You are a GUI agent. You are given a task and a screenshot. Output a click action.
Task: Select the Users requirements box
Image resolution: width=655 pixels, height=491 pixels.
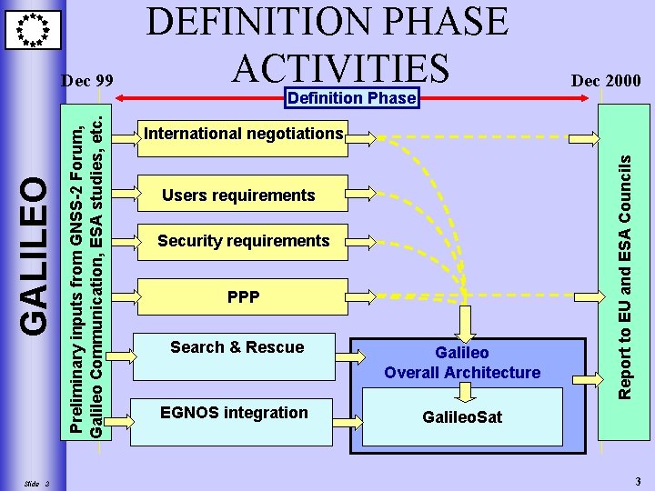pos(239,195)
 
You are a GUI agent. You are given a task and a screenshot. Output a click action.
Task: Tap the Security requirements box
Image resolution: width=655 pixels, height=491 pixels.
pos(242,241)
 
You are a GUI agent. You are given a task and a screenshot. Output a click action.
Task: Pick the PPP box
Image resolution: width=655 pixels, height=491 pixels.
pos(242,296)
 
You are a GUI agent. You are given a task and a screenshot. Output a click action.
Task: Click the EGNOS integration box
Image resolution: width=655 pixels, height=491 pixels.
pos(234,414)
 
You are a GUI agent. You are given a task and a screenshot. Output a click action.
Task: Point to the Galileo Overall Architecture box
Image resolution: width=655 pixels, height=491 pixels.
pos(462,362)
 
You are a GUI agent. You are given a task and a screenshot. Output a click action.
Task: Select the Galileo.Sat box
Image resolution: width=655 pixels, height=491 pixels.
pos(462,416)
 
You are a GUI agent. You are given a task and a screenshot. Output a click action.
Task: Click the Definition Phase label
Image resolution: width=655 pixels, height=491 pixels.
pos(351,97)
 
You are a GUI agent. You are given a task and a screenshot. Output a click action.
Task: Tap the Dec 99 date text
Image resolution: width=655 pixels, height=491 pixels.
pos(87,81)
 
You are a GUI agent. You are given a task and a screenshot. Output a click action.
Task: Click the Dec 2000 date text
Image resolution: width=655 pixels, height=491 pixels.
pos(605,81)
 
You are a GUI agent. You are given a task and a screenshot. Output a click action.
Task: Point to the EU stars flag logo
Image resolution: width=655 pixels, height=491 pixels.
pos(34,29)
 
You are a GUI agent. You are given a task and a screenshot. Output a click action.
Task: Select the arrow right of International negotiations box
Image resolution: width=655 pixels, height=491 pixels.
pos(363,138)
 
